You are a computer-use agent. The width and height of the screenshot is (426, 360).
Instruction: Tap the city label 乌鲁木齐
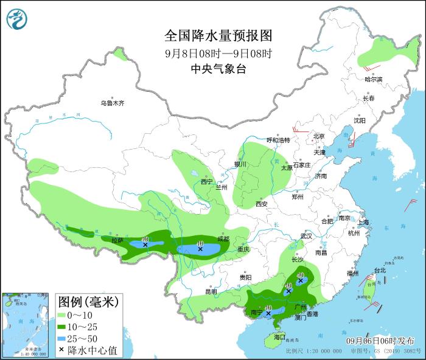(x=112, y=103)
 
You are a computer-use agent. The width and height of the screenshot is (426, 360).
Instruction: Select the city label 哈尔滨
(x=373, y=80)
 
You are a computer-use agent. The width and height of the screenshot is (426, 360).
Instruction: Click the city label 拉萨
(x=117, y=241)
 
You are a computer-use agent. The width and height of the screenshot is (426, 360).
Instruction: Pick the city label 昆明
(x=211, y=291)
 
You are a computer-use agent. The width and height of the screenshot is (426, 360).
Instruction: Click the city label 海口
(x=279, y=336)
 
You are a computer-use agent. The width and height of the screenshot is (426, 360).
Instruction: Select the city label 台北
(x=379, y=270)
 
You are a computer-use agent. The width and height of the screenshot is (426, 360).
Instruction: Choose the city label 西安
(x=262, y=204)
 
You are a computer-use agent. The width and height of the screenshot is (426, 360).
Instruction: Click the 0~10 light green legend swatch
(x=61, y=315)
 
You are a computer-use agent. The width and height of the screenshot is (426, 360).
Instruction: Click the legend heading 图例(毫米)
(x=88, y=302)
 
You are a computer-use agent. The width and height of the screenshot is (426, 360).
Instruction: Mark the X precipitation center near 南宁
(x=268, y=313)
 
